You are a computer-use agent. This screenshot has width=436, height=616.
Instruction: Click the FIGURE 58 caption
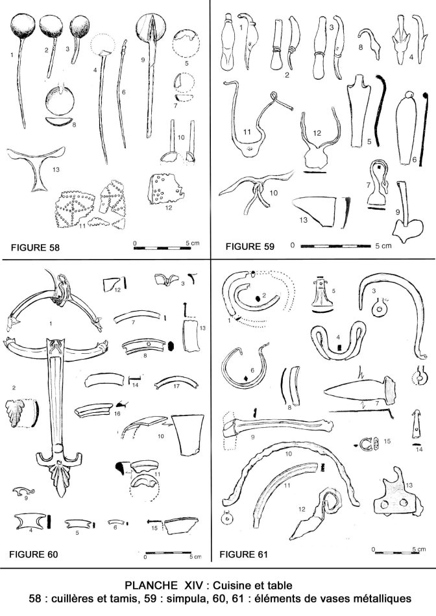coord(35,247)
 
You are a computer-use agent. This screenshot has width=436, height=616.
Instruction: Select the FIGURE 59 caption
coord(250,246)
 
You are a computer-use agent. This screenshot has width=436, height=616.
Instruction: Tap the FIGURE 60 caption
coord(33,554)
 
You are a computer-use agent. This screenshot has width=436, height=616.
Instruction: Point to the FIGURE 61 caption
coord(243,554)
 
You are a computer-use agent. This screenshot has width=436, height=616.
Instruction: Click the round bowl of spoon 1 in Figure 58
coord(23,26)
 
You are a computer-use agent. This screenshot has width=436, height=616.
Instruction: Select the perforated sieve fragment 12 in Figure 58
coord(165,189)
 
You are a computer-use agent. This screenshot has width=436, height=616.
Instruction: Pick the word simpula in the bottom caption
coord(184,598)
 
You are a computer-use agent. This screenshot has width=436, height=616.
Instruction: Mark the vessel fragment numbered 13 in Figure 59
coord(320,210)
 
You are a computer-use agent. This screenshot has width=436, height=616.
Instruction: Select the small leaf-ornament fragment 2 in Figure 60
coord(21,413)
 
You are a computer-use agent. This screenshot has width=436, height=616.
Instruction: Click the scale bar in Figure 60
coord(173,553)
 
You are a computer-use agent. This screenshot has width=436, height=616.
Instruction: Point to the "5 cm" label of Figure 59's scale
coord(383,246)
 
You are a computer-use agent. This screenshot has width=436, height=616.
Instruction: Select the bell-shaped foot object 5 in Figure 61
coord(322,294)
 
